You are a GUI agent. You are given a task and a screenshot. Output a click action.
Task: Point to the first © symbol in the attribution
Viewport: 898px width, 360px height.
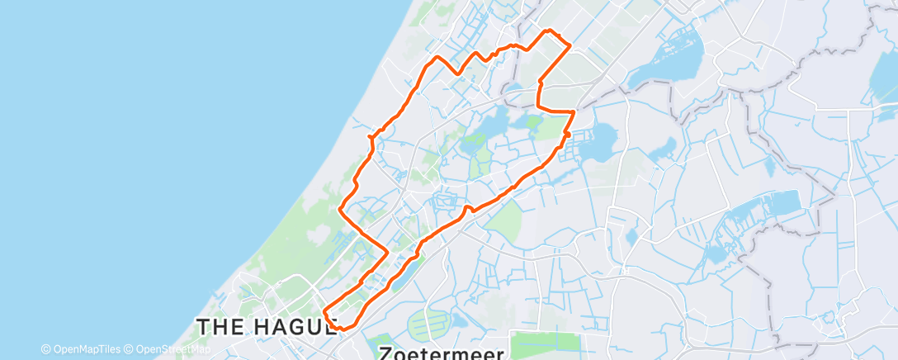point(45,348)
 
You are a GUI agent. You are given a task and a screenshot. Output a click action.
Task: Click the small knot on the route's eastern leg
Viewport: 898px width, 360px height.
point(568,135)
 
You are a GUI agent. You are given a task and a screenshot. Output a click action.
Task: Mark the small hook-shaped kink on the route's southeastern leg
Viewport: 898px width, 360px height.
point(468,209)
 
